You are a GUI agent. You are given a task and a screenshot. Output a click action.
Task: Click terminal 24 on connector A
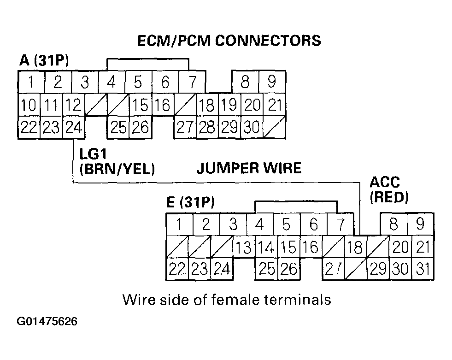74,128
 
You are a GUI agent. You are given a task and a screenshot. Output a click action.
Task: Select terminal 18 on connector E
355,247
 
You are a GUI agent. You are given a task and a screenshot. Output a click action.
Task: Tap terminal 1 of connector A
31,82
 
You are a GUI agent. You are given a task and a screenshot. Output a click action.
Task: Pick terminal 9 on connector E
420,224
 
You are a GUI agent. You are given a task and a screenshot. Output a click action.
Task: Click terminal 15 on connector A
141,105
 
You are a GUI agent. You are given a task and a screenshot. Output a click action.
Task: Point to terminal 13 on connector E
244,247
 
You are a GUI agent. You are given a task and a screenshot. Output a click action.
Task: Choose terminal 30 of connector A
252,128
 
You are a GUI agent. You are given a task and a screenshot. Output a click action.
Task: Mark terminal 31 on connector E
423,269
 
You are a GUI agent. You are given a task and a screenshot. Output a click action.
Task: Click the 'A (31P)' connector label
44,60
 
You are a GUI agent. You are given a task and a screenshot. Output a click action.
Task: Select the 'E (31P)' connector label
191,202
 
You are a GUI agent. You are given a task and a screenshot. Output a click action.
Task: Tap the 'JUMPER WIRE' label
249,168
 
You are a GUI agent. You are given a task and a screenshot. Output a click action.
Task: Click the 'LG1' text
93,154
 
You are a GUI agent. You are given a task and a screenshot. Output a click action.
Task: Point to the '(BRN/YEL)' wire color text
117,169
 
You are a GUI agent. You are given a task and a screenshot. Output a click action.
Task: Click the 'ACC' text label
385,183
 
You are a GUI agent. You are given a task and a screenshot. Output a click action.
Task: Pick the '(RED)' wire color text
389,198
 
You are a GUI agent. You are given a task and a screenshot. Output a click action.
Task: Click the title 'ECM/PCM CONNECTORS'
229,41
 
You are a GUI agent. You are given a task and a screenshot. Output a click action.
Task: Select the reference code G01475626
47,321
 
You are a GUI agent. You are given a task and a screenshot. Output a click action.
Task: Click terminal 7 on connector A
192,82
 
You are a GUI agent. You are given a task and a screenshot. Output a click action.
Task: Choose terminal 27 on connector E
334,269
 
